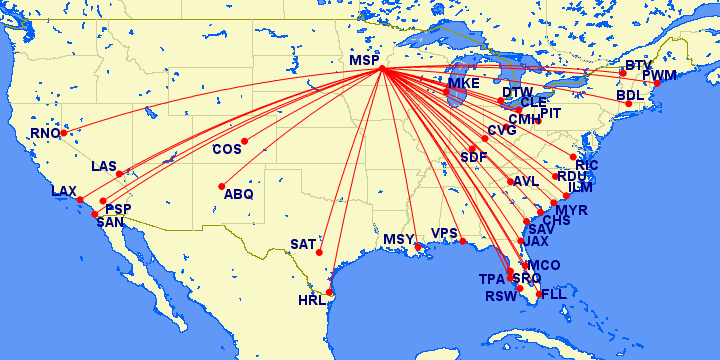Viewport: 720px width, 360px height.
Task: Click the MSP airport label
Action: [365, 61]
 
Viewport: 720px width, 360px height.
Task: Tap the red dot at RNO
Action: [64, 132]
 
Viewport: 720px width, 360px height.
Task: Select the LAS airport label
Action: [104, 166]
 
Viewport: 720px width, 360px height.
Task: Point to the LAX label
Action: [64, 190]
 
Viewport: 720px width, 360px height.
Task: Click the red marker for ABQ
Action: [221, 186]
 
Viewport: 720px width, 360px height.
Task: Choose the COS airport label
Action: [227, 150]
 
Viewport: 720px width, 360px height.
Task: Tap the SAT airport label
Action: [303, 244]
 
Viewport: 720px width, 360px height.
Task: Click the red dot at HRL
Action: [329, 291]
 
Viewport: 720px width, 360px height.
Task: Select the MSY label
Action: [398, 240]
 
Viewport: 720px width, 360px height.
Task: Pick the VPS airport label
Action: [444, 234]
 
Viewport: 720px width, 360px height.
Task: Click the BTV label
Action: [638, 66]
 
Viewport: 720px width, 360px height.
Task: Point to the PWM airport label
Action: [660, 76]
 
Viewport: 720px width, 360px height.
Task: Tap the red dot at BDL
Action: [628, 104]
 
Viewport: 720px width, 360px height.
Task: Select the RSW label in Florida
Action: [500, 296]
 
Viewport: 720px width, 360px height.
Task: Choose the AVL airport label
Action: [525, 182]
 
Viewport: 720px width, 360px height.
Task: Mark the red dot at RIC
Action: [574, 157]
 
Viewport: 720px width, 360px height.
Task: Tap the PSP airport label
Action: [119, 209]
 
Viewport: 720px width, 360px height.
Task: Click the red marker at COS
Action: [244, 140]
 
